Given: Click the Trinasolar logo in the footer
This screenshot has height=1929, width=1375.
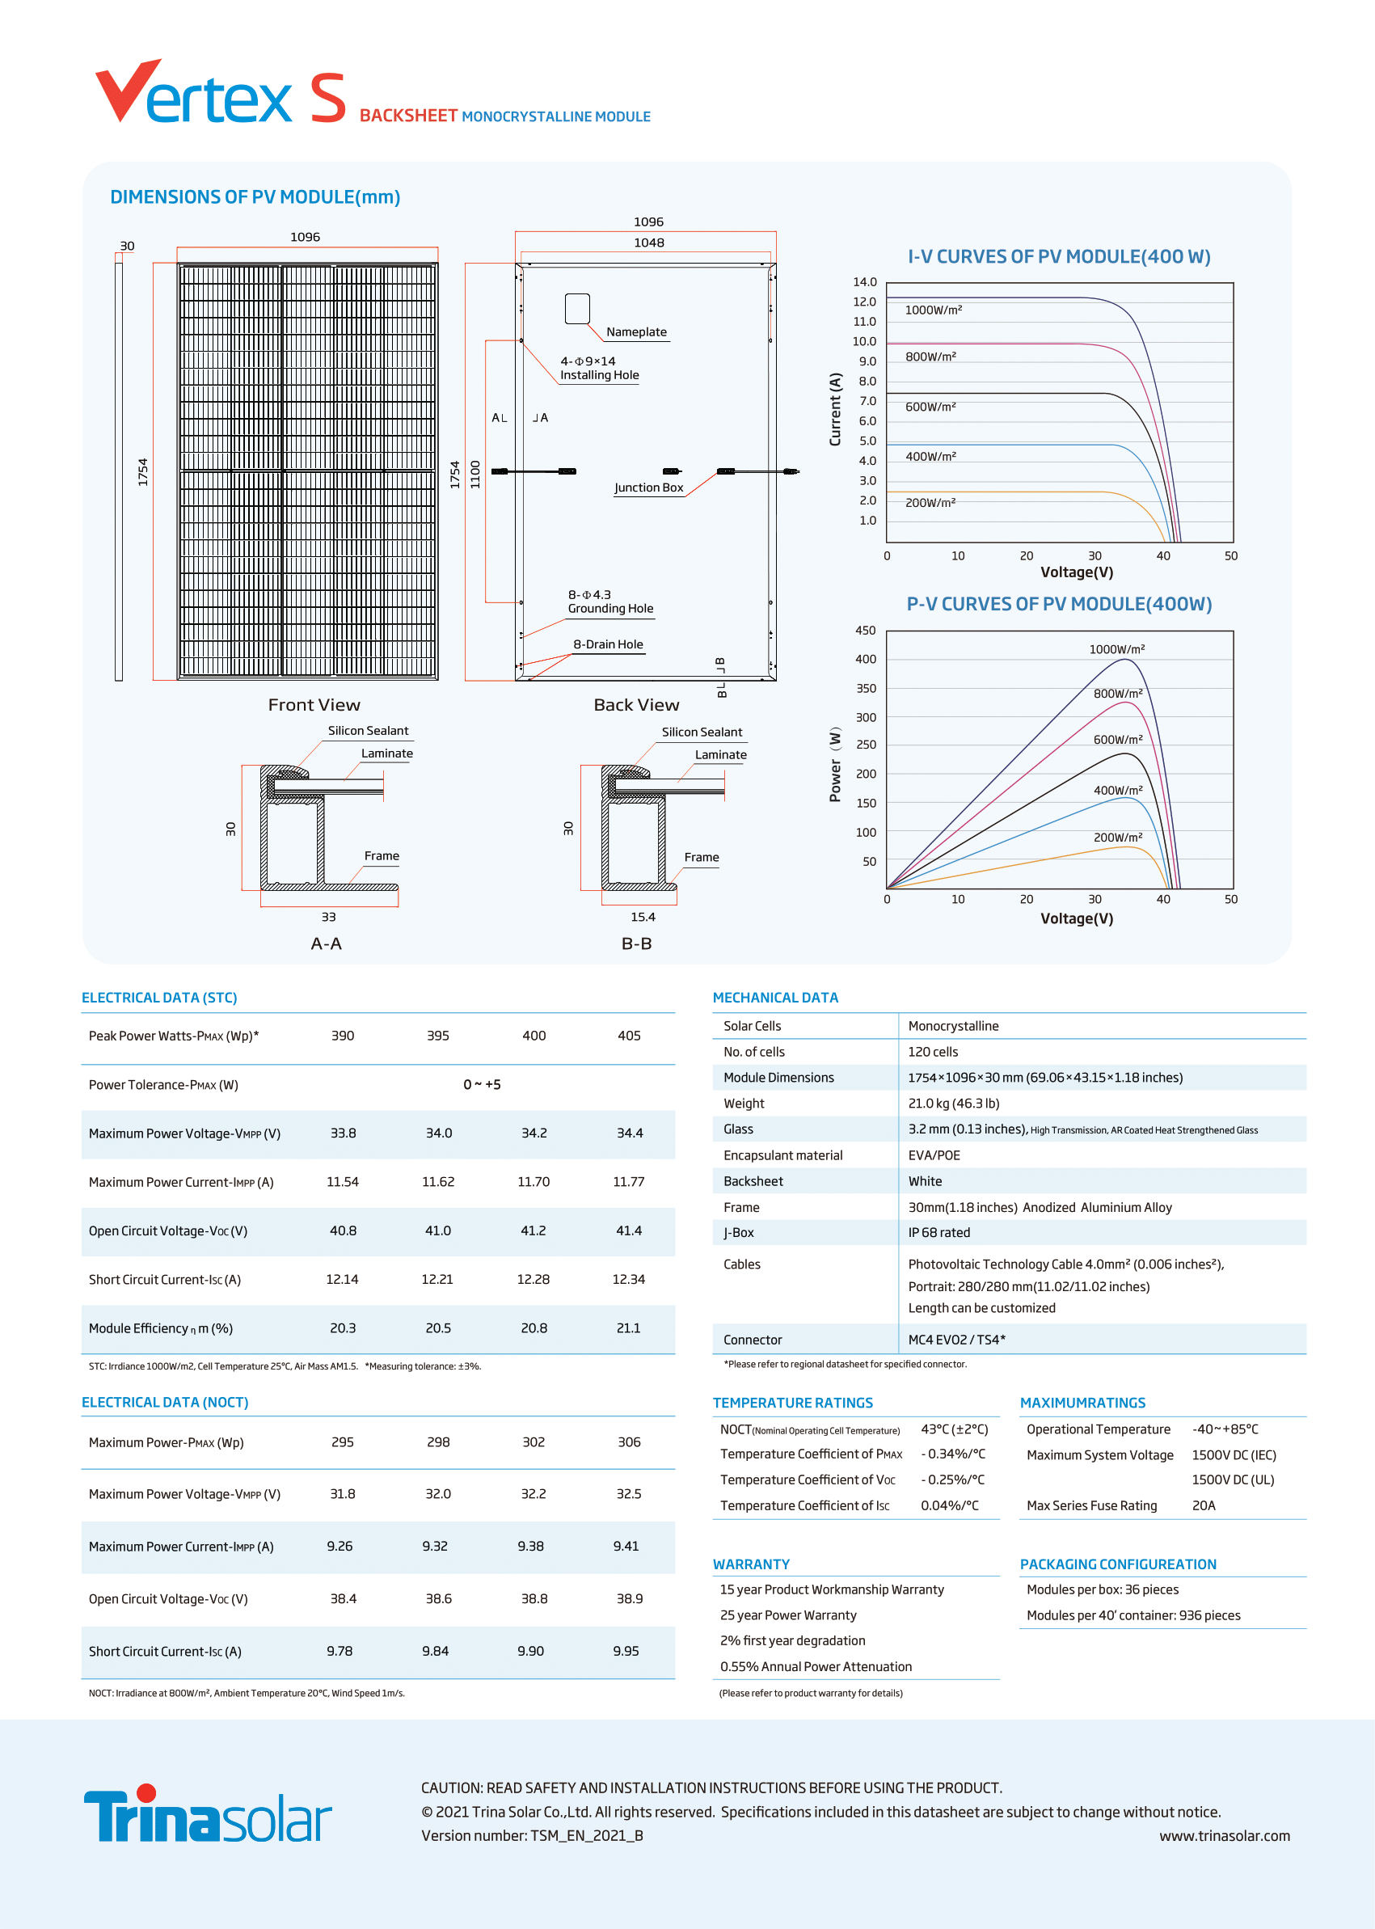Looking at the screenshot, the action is (208, 1814).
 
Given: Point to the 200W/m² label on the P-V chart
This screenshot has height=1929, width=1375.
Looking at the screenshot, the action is (1118, 838).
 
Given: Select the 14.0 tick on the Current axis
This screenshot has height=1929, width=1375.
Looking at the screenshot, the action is (864, 282).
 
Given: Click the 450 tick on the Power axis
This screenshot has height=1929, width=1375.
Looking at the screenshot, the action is (865, 631).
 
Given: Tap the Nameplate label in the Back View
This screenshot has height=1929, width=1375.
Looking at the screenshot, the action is (637, 332).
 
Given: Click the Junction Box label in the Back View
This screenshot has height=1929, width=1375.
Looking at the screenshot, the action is (648, 488).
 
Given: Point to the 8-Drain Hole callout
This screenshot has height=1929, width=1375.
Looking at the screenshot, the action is (608, 644).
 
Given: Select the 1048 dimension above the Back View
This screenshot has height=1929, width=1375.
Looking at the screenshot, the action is (648, 243).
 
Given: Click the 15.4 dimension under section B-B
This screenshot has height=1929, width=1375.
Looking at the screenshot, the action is (643, 917).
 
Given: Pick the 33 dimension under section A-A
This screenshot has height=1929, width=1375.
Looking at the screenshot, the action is (328, 917).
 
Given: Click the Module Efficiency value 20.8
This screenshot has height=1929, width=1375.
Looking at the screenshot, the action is (534, 1328).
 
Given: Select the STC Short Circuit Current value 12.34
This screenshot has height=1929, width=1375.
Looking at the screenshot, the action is (628, 1280).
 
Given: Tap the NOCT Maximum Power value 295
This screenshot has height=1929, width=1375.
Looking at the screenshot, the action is (343, 1442).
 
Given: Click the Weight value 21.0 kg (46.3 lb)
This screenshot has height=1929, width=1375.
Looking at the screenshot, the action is (953, 1104).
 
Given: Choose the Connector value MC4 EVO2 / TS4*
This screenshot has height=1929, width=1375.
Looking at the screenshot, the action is (957, 1340).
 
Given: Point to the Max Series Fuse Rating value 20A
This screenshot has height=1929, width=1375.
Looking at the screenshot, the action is (1203, 1505).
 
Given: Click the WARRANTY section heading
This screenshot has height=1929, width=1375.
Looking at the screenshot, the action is (751, 1564).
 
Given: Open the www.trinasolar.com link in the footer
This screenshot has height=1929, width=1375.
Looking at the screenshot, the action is (1225, 1836).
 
